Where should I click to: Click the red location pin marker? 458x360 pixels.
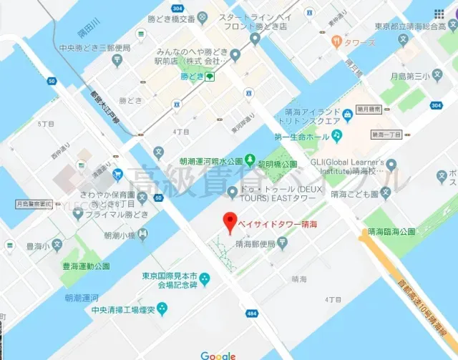pos(229,223)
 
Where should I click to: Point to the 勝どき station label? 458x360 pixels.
pos(192,75)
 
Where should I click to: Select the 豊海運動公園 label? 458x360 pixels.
pos(86,266)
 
